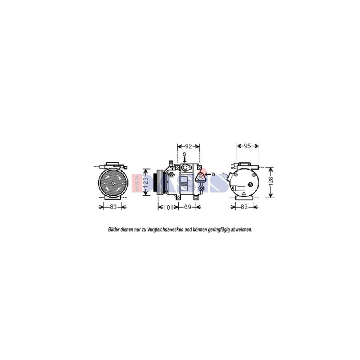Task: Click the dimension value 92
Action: click(188, 146)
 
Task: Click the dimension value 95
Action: click(248, 146)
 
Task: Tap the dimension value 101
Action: click(168, 207)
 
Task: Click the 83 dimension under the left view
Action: click(113, 207)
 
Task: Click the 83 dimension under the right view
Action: click(244, 207)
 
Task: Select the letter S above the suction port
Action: click(184, 154)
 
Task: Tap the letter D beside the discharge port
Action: click(214, 174)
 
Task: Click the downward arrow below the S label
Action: click(184, 160)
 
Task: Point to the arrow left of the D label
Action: click(208, 174)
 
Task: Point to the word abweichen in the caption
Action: click(242, 230)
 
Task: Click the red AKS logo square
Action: click(137, 183)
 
